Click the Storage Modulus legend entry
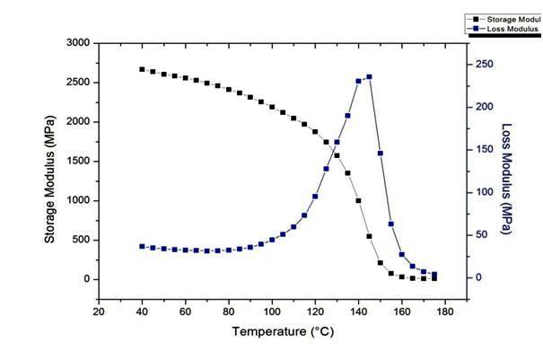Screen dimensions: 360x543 click(x=507, y=18)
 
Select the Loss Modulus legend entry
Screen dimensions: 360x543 click(x=507, y=29)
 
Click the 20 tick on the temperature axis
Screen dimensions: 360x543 click(x=99, y=312)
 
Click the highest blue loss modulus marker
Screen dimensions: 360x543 click(x=369, y=77)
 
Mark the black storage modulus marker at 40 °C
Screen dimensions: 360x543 click(x=142, y=69)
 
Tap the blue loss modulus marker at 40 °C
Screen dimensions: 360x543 click(x=142, y=246)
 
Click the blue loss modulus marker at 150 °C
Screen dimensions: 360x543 click(x=380, y=154)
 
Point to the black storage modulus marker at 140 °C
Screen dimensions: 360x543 click(x=358, y=201)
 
